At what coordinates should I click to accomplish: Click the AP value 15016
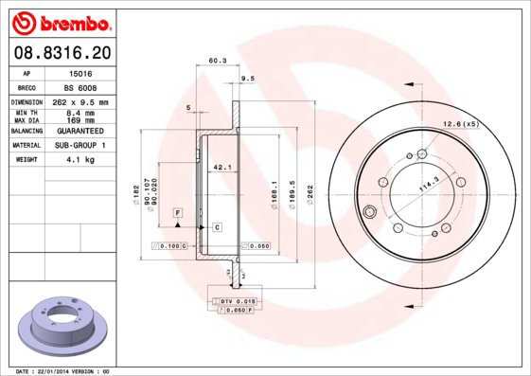82,73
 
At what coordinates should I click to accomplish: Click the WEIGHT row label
26,160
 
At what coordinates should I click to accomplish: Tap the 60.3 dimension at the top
217,61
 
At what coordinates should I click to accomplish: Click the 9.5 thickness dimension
249,79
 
